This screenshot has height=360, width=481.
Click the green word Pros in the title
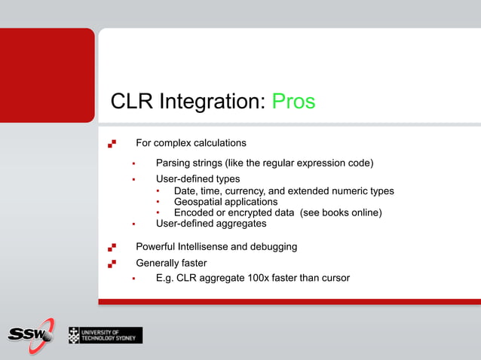[293, 102]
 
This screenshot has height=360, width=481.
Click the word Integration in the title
[213, 102]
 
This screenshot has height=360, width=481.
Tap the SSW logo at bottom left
[31, 332]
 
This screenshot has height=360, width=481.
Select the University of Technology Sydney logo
[105, 335]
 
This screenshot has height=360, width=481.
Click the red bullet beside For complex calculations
[112, 142]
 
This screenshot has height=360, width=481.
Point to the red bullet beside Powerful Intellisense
[112, 246]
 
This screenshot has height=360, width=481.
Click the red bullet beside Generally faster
[112, 263]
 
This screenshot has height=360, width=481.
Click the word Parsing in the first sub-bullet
[173, 163]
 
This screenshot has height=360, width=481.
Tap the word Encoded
[195, 213]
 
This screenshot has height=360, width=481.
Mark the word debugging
[274, 246]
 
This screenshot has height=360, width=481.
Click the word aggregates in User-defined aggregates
[240, 224]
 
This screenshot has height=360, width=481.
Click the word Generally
[157, 263]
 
